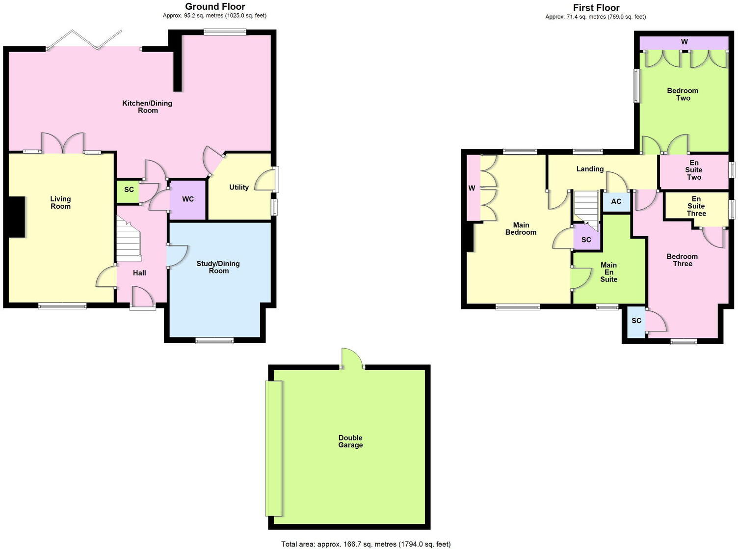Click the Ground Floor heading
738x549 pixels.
pos(215,7)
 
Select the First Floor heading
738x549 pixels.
pos(596,8)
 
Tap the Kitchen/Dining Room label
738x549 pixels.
pos(147,107)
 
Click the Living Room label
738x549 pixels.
pos(60,202)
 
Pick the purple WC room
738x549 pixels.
pos(187,199)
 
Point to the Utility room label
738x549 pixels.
pos(239,187)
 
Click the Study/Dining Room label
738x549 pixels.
pos(218,267)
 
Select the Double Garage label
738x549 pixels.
pos(350,441)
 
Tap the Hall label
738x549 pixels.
pos(139,273)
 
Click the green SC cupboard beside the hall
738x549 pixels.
pos(129,190)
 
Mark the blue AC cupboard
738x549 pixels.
pos(616,201)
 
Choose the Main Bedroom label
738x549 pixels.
pos(521,229)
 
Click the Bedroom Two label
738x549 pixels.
pos(683,94)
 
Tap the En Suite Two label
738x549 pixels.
pos(694,170)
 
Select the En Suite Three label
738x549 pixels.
pos(696,206)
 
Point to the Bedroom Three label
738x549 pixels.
pos(682,260)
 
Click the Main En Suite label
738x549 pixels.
pos(608,272)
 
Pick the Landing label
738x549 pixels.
pos(590,169)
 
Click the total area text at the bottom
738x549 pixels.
pos(366,544)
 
